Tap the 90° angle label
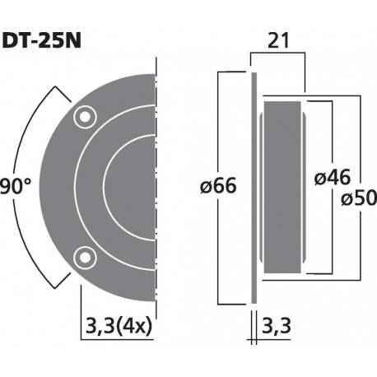pyautogui.click(x=14, y=187)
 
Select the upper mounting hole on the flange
pyautogui.click(x=82, y=118)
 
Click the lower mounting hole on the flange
pyautogui.click(x=82, y=258)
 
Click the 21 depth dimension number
pyautogui.click(x=277, y=39)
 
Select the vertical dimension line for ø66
pyautogui.click(x=218, y=247)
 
